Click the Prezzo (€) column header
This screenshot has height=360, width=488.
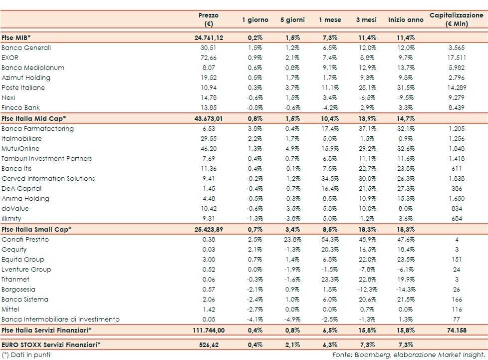pyautogui.click(x=209, y=20)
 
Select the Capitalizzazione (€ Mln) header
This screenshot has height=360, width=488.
pyautogui.click(x=457, y=20)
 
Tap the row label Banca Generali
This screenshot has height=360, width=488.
pyautogui.click(x=26, y=48)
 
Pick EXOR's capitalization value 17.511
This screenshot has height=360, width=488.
pyautogui.click(x=457, y=58)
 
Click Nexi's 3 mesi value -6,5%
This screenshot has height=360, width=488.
pyautogui.click(x=368, y=98)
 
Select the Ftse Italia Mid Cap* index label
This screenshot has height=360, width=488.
pyautogui.click(x=34, y=118)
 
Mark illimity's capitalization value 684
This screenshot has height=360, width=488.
pyautogui.click(x=457, y=219)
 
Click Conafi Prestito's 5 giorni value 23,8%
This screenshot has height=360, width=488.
pyautogui.click(x=292, y=240)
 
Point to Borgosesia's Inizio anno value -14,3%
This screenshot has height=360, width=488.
pyautogui.click(x=405, y=290)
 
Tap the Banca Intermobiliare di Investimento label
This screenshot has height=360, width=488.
pyautogui.click(x=60, y=320)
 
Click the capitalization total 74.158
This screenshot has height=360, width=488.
pyautogui.click(x=457, y=330)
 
